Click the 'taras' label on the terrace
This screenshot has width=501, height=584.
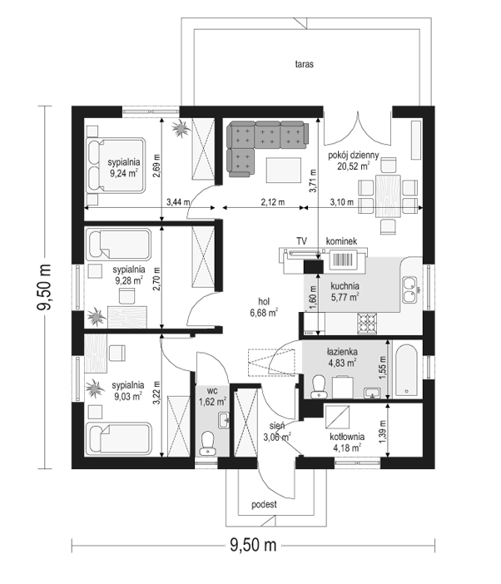[304, 64]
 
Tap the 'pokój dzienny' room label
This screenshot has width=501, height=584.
[353, 155]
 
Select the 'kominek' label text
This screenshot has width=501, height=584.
[341, 241]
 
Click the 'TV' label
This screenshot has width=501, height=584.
[301, 241]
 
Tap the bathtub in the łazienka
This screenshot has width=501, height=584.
[407, 369]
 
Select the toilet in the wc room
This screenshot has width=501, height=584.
[207, 443]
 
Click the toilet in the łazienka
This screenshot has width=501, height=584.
[318, 386]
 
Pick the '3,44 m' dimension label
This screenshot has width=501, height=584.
[178, 202]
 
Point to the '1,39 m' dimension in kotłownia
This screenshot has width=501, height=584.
[382, 432]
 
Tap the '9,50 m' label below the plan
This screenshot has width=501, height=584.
[253, 545]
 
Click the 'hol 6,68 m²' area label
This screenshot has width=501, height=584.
[264, 307]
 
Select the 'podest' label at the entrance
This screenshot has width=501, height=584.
[264, 504]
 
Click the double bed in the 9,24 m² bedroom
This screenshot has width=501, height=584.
[116, 166]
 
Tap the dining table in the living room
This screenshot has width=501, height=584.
[388, 195]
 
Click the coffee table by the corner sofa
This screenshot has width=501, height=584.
[284, 171]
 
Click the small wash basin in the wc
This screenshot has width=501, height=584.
[224, 420]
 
